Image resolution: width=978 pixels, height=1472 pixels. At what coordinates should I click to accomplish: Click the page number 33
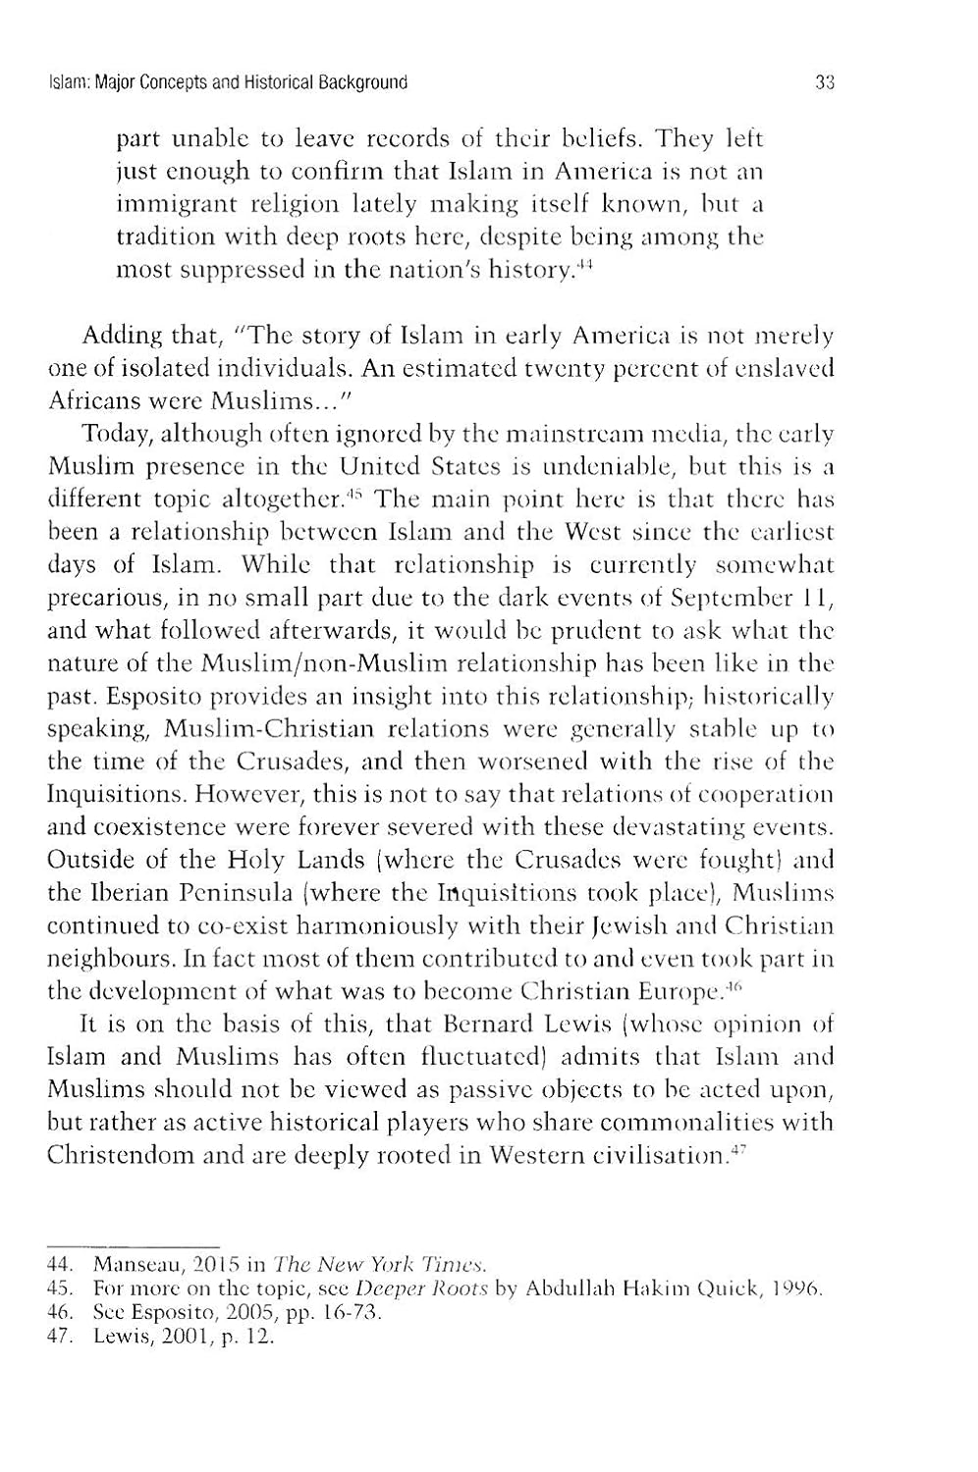pyautogui.click(x=824, y=82)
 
